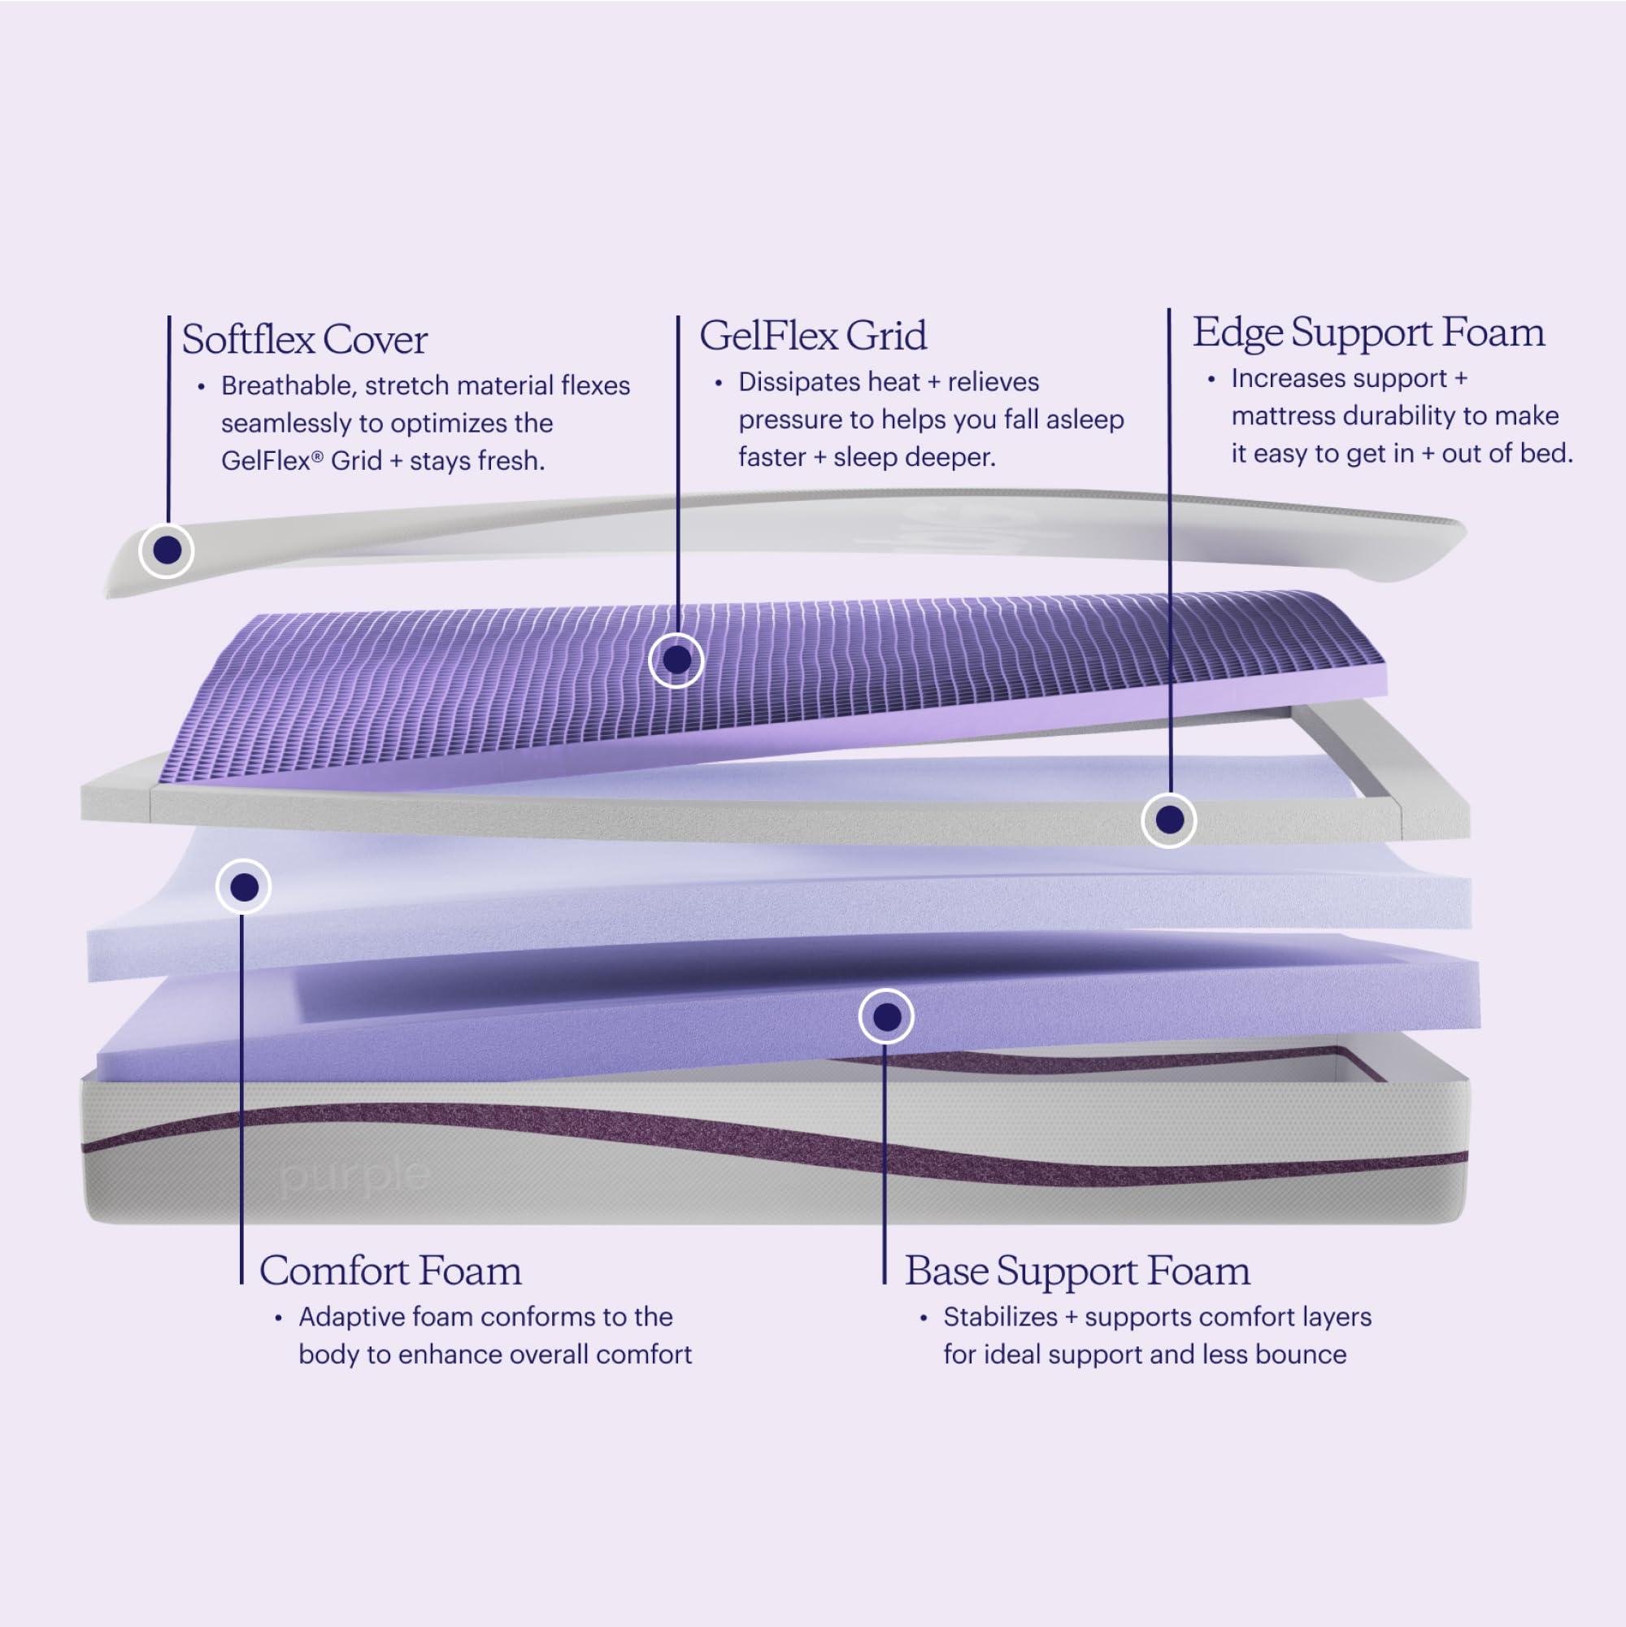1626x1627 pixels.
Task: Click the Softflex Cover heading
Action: (304, 339)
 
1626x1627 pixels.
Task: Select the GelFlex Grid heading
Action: (812, 336)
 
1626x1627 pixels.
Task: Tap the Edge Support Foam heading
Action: (1368, 333)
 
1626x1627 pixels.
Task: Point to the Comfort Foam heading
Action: (390, 1271)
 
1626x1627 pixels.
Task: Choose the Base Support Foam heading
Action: (1077, 1271)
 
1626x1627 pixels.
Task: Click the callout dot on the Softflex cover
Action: (167, 550)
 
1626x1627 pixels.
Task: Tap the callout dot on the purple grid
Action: (676, 660)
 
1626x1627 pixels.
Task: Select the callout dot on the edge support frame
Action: (1169, 820)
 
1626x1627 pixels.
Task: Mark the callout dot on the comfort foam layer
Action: (244, 886)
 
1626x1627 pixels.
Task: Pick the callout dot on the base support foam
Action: (886, 1017)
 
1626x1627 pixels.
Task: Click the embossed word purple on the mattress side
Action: (354, 1175)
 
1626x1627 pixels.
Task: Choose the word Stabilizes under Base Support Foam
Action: (1000, 1317)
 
